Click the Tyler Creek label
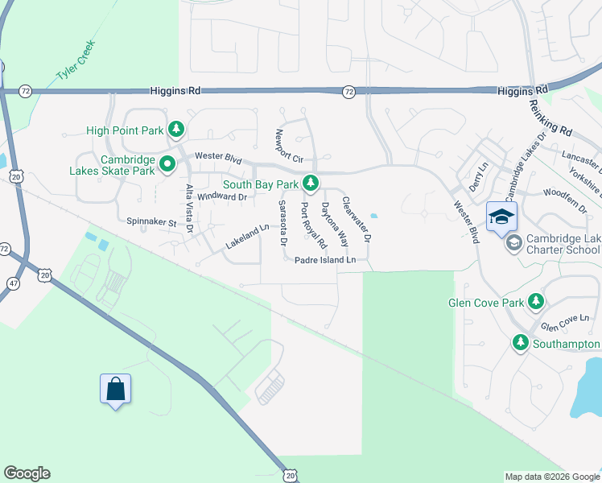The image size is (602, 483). tap(76, 60)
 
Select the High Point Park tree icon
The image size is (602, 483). tap(176, 130)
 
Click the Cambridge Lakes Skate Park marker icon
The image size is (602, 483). tap(167, 165)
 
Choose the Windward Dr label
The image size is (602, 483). tap(221, 196)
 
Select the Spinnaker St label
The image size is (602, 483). tap(150, 221)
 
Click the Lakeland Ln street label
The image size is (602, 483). tap(248, 236)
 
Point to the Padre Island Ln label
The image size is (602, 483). tap(324, 260)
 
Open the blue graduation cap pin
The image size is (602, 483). tap(501, 217)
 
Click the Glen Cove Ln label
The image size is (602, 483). tap(560, 326)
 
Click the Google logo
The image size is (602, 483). tap(27, 473)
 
